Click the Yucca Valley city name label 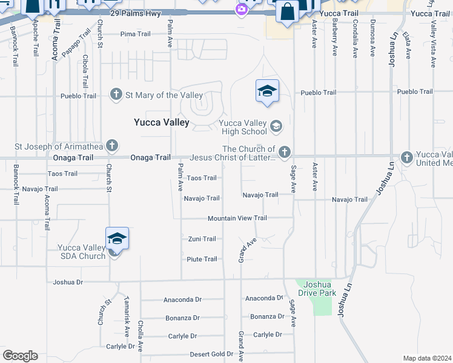[x=162, y=122]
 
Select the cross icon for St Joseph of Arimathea [x=111, y=145]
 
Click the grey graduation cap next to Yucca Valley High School [x=276, y=126]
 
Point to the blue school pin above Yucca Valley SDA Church [x=117, y=239]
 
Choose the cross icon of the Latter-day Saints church [x=285, y=151]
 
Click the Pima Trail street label [x=135, y=34]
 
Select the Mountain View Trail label [x=237, y=218]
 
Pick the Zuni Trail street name [x=202, y=239]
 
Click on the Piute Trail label [x=202, y=260]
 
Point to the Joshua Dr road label [x=67, y=282]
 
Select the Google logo [x=20, y=356]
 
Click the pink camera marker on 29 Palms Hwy [x=242, y=10]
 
